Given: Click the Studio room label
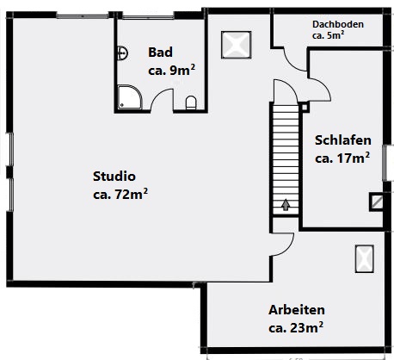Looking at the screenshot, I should pos(114,176).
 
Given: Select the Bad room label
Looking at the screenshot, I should pos(160,52).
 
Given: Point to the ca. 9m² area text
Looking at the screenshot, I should pos(170,71).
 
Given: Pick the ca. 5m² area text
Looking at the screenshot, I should pos(328,36).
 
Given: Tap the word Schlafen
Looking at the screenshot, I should pos(342,140).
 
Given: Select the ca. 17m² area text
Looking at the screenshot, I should pos(342,158).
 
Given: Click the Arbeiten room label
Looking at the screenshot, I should pos(295,309).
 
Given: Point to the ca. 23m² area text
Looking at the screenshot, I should pos(296,327).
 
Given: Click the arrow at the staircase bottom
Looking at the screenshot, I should pos(285,205).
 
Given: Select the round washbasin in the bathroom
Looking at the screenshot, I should pos(122,53).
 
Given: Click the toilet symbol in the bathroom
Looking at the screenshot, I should pos(191,102).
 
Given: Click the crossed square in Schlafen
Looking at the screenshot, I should pos(377,202).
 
